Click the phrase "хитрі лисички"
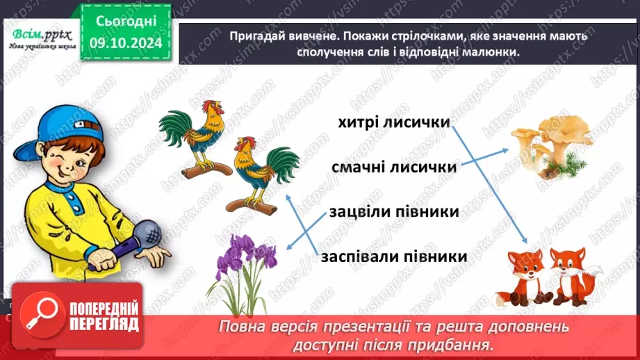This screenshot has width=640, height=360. pyautogui.click(x=393, y=122)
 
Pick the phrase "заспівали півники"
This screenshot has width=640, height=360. pyautogui.click(x=393, y=256)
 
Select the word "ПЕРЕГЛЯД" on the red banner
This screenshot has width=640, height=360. pyautogui.click(x=103, y=324)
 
